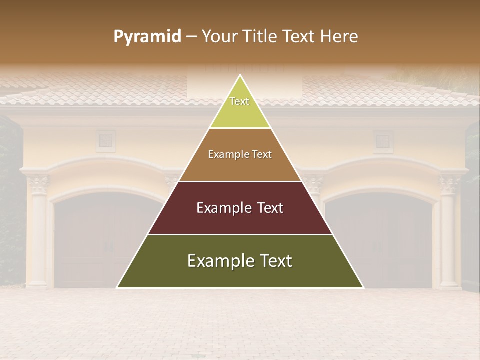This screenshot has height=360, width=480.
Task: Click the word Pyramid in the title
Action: tap(147, 37)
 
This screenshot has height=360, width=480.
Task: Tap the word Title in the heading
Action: tap(261, 37)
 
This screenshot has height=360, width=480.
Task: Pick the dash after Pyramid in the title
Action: tap(191, 37)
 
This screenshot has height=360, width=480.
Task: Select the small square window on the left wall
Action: tap(105, 141)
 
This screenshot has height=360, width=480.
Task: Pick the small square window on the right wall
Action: tap(383, 141)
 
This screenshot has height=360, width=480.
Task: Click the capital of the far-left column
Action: tap(38, 184)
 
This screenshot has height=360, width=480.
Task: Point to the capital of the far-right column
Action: tap(449, 184)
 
